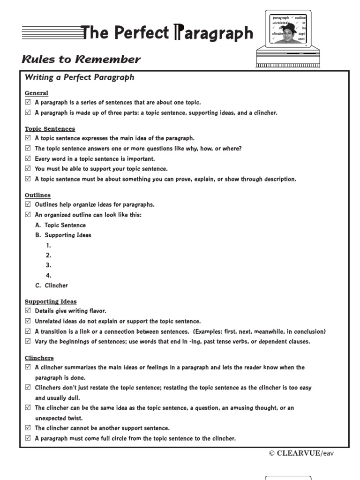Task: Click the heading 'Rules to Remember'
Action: [81, 60]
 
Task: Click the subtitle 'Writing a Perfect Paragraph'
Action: [79, 77]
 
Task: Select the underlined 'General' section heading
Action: [36, 93]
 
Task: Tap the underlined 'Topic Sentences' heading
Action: [50, 128]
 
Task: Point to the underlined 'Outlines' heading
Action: [37, 195]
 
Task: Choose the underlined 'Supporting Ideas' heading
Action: [51, 301]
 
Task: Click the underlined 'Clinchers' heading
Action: [39, 358]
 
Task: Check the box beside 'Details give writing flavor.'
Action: [28, 311]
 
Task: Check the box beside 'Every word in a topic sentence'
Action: [28, 158]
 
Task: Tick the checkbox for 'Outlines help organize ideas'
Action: [28, 204]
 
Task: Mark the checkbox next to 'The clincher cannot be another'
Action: [28, 428]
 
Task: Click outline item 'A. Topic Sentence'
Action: [60, 225]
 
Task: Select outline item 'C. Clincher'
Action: [52, 285]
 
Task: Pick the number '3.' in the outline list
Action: [48, 265]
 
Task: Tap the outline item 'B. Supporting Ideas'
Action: [63, 235]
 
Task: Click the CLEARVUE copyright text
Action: [301, 453]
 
